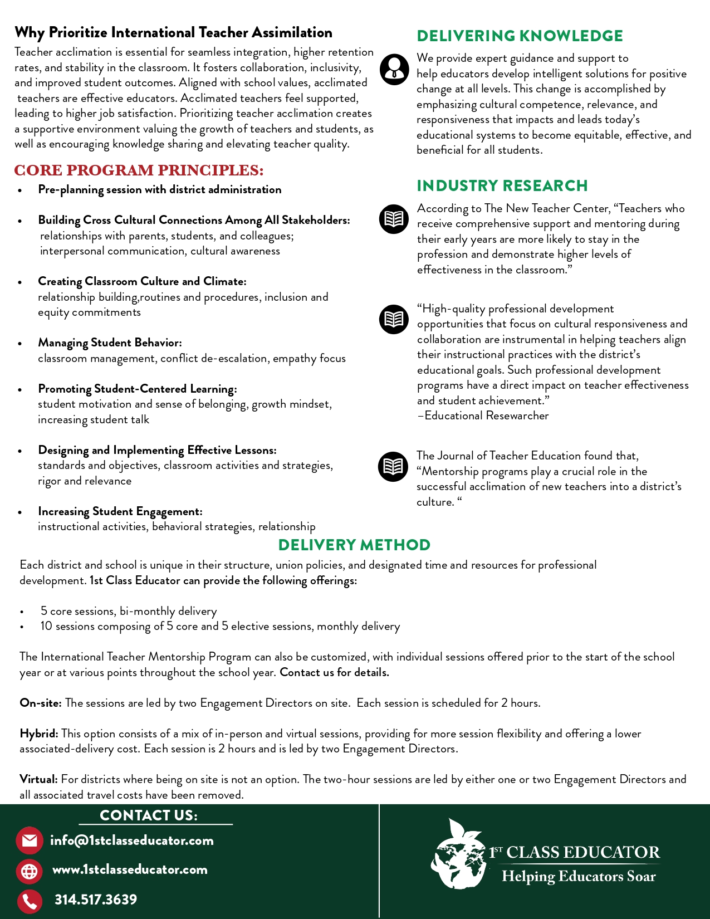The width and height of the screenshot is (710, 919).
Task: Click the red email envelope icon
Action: coord(30,840)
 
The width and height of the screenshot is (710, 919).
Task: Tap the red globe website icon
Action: coord(30,871)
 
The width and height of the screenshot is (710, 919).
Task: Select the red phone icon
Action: coord(30,901)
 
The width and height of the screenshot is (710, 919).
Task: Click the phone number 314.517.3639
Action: coord(96,900)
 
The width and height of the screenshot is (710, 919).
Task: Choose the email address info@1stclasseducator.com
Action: coord(132,840)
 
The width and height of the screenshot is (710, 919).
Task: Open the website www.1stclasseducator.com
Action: coord(130,869)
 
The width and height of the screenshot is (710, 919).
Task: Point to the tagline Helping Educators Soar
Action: coord(579,877)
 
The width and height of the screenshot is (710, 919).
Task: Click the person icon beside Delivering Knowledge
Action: coord(394,70)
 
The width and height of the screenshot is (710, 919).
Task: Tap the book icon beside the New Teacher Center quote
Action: coord(394,219)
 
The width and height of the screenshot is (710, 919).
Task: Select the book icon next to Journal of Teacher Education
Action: coord(393,466)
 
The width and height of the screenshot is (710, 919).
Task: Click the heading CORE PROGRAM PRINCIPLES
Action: coord(139,170)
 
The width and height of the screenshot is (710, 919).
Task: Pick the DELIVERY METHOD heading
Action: coord(354,545)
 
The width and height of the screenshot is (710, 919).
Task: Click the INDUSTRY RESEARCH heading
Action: coord(502,185)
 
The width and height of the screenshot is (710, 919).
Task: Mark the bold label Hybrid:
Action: coord(39,734)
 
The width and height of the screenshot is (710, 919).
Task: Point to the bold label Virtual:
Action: coord(38,779)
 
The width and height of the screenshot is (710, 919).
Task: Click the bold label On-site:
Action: coord(41,703)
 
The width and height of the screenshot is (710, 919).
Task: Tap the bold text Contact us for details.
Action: coord(334,672)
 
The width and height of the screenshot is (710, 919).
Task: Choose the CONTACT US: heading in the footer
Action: coord(149,815)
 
